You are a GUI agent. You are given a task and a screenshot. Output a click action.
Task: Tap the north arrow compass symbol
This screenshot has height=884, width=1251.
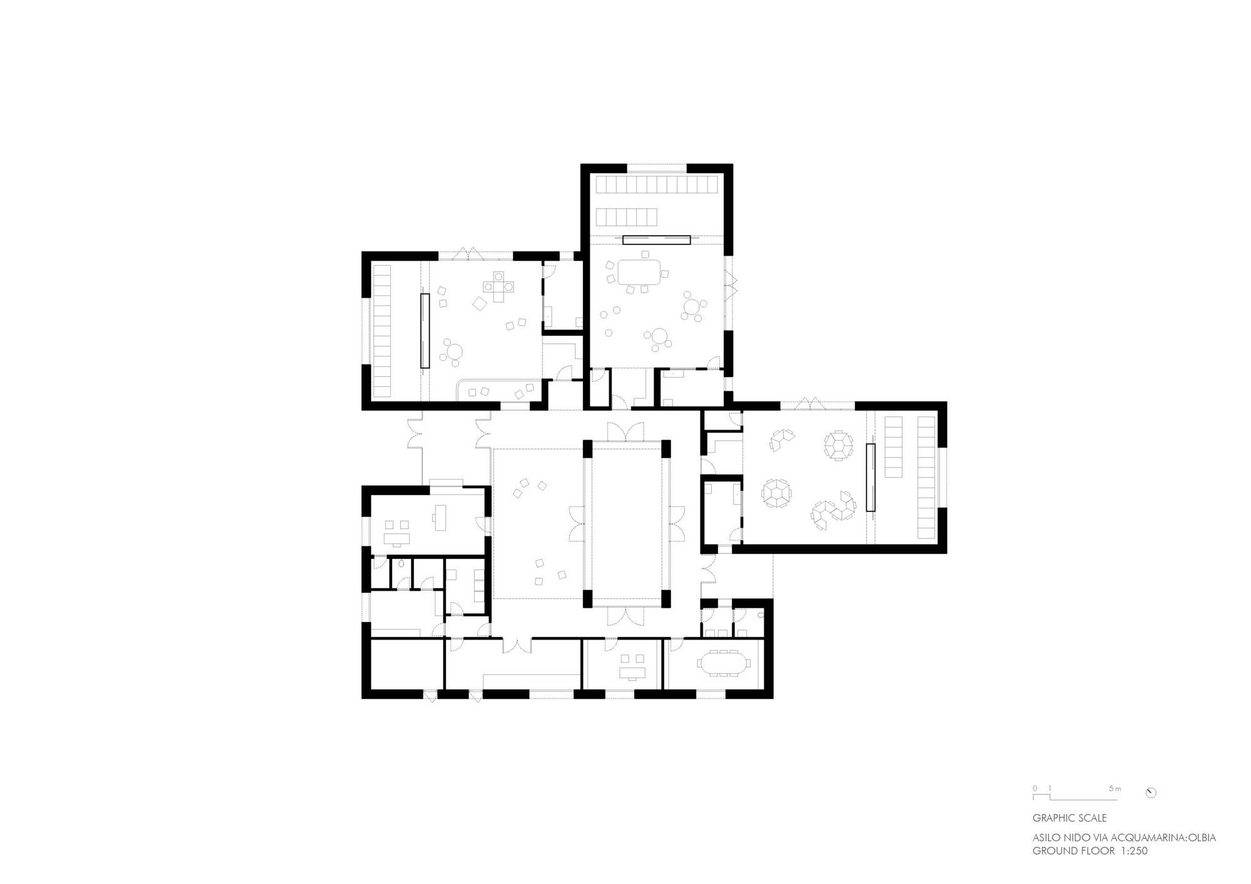[1150, 793]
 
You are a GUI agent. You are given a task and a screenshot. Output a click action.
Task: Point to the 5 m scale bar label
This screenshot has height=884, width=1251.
[1115, 788]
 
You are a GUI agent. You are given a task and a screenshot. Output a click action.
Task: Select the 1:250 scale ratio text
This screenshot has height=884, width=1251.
[1130, 851]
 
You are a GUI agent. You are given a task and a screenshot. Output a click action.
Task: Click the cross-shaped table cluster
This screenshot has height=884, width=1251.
[498, 286]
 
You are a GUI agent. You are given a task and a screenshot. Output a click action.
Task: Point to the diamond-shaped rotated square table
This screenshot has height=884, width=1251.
[480, 304]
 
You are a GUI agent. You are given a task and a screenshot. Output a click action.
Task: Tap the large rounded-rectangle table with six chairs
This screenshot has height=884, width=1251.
[639, 272]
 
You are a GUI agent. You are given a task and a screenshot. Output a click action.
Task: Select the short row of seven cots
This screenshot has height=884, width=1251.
[626, 217]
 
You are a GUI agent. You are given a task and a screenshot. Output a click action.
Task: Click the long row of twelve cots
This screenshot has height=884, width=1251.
[657, 184]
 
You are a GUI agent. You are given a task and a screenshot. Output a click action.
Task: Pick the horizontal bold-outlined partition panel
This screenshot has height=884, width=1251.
[656, 239]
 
